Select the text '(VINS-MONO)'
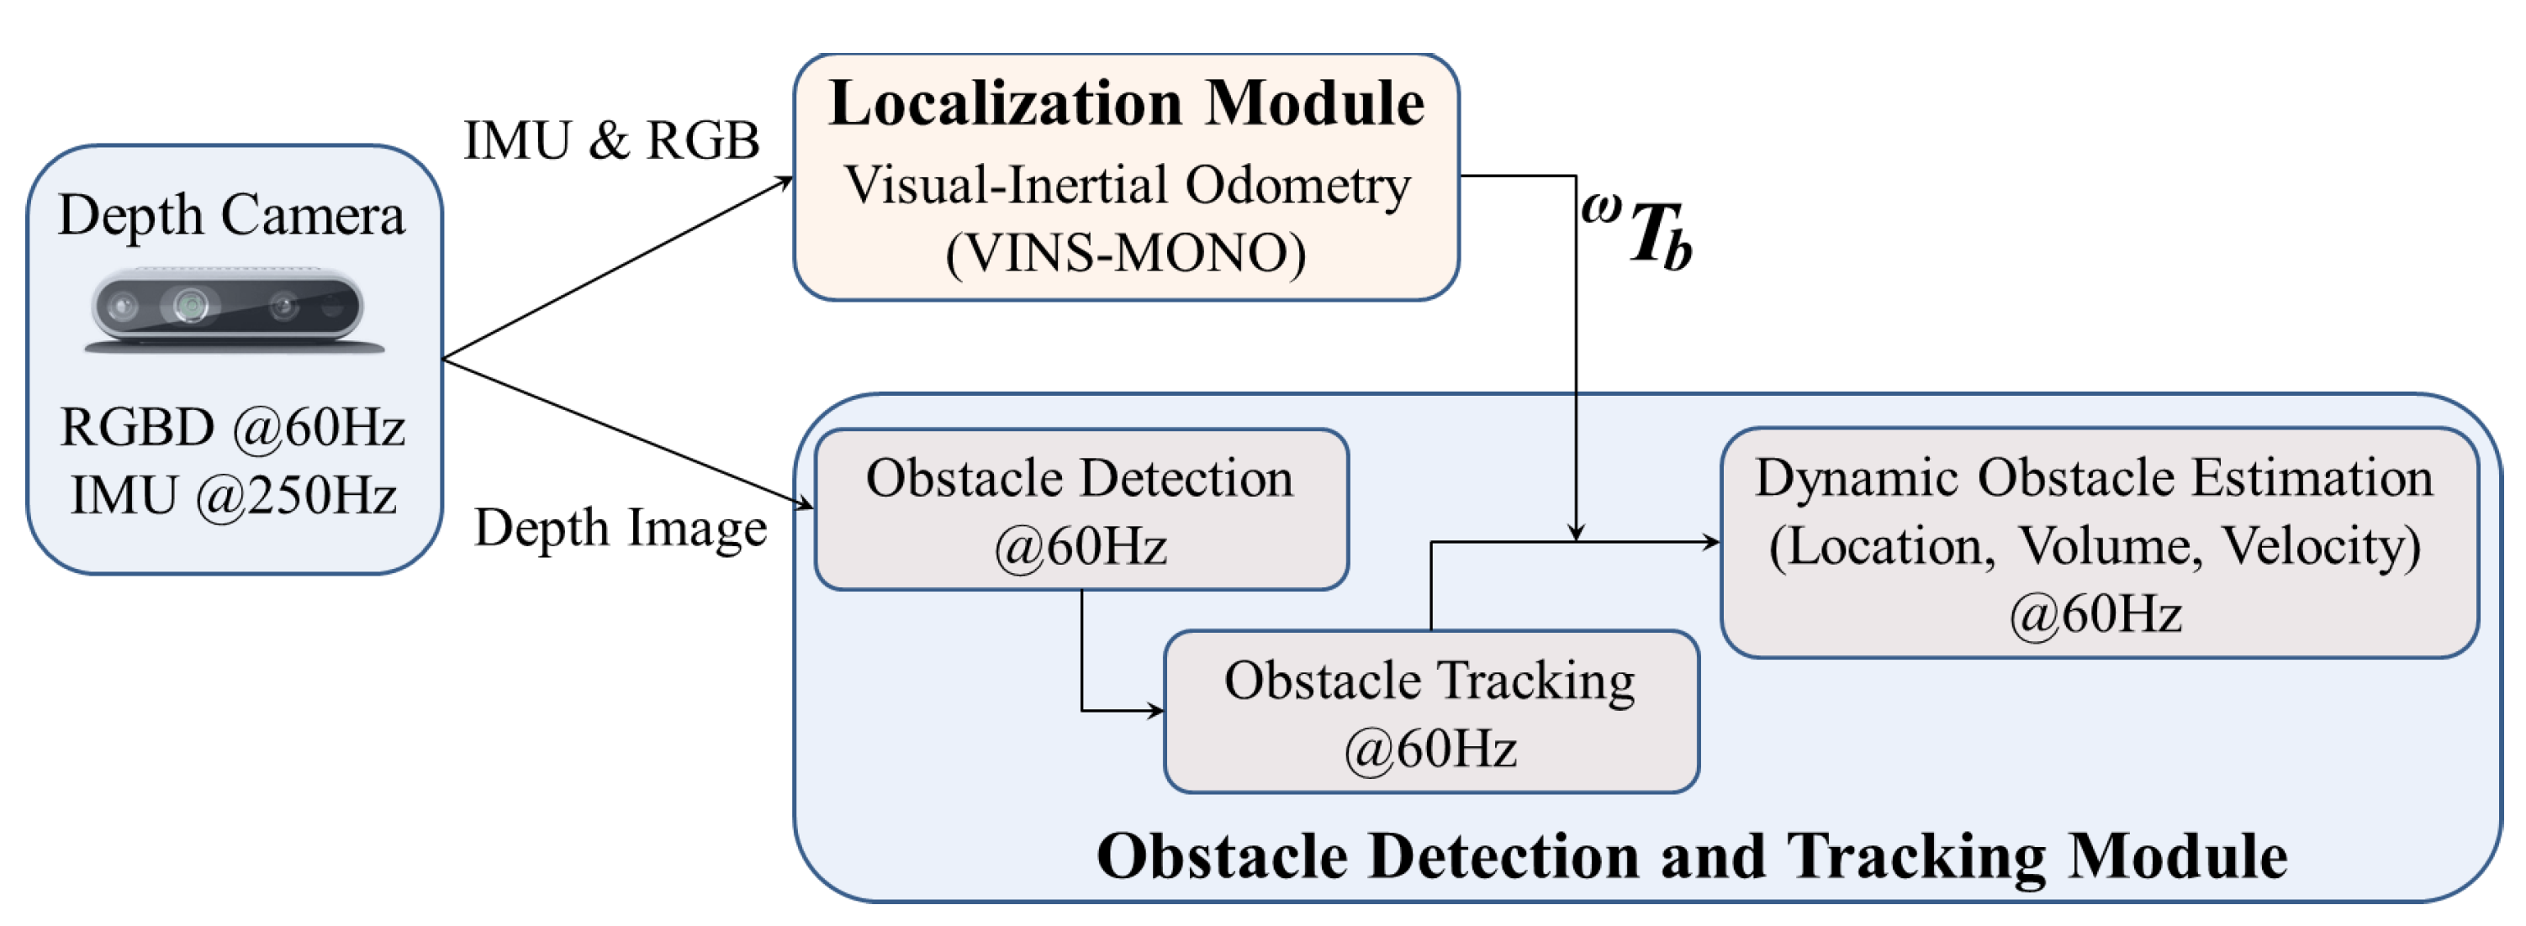tap(1126, 253)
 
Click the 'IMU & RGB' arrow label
tap(611, 140)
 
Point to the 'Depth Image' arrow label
tap(620, 529)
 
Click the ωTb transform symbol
tap(1637, 234)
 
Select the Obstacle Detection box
tap(1081, 509)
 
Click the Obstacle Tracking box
tap(1430, 713)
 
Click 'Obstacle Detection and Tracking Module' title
tap(1692, 856)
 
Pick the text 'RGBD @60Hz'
tap(232, 427)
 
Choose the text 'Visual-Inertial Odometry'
tap(1126, 185)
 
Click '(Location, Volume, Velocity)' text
tap(2095, 546)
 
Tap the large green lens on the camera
tap(190, 306)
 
